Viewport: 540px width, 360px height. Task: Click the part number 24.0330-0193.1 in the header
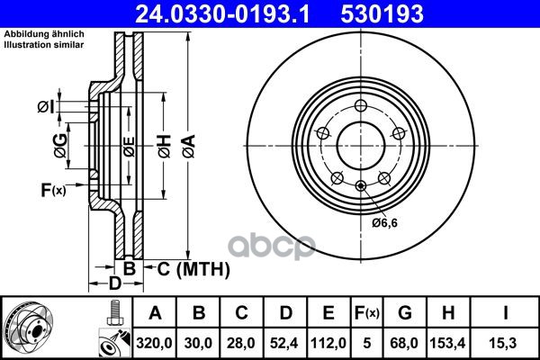pos(222,14)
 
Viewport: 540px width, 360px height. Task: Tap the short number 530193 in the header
pos(382,14)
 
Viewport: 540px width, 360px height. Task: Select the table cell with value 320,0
pos(154,343)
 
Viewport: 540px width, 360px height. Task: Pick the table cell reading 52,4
pos(284,343)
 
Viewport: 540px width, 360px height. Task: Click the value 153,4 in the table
pos(447,343)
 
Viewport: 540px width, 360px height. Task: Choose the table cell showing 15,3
pos(505,343)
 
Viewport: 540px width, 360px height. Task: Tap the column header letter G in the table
pos(405,313)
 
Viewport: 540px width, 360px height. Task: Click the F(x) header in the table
pos(367,313)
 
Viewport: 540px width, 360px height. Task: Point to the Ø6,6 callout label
pos(384,223)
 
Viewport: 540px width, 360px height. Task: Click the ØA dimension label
pos(189,147)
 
